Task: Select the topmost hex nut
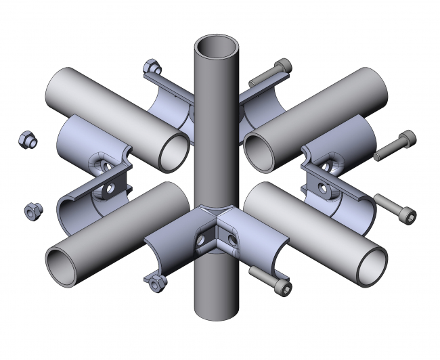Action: point(152,67)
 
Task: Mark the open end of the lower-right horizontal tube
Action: point(370,265)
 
